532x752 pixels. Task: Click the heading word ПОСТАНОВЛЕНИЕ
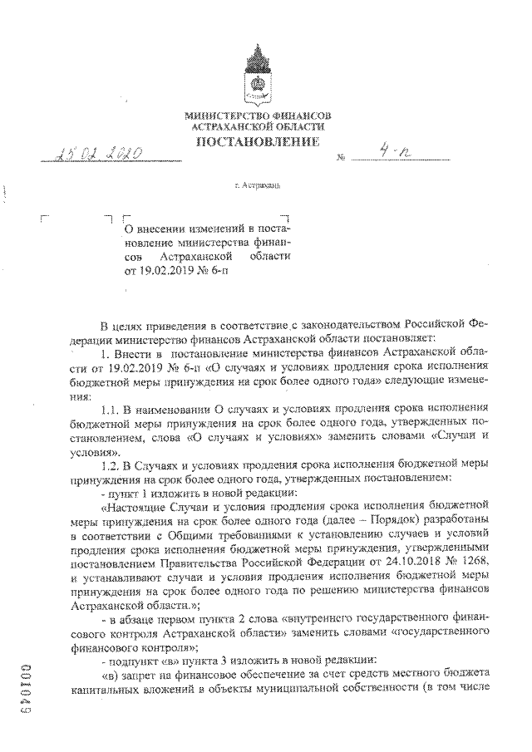[258, 143]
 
